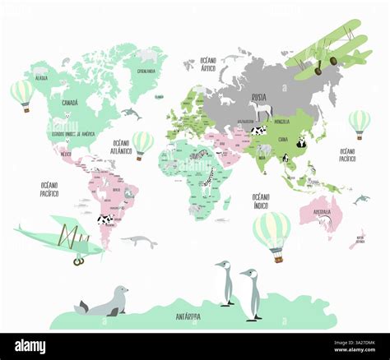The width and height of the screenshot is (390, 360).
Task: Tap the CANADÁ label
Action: (x=70, y=103)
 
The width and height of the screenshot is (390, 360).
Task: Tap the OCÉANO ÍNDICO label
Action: (x=261, y=200)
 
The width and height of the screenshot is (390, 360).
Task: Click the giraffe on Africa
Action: (x=209, y=176)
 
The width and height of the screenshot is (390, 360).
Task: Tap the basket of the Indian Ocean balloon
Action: (x=277, y=259)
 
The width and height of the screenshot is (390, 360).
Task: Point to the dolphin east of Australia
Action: (x=361, y=199)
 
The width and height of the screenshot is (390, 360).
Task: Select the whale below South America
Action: (x=139, y=241)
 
